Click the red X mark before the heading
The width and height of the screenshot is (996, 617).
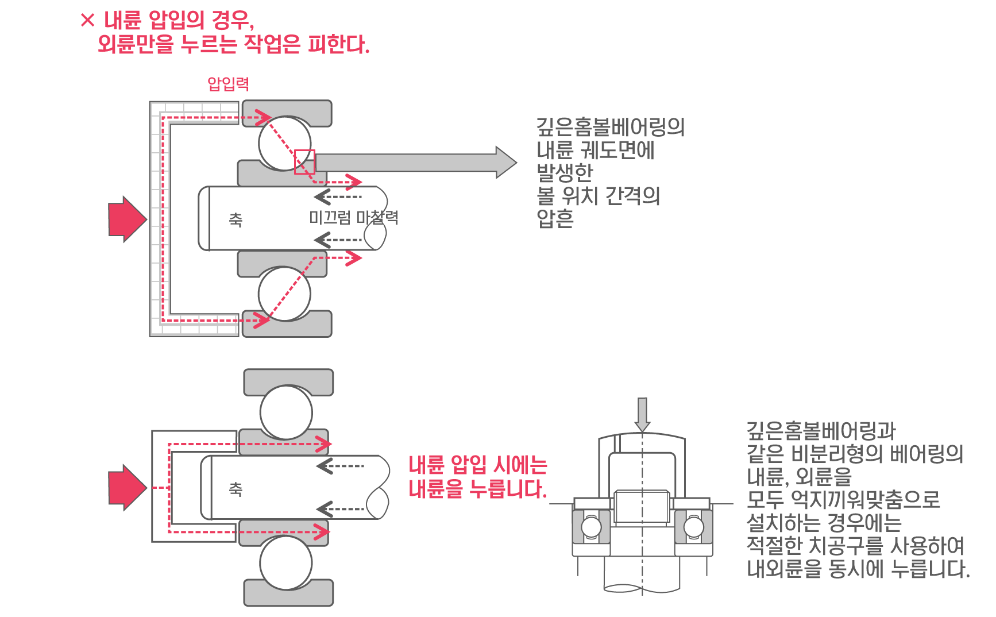[x=88, y=21]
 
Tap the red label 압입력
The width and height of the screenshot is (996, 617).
[x=228, y=84]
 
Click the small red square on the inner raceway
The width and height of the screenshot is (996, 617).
[x=304, y=161]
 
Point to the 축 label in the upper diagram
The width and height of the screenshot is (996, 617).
[x=236, y=219]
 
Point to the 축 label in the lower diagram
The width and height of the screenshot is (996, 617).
[x=236, y=489]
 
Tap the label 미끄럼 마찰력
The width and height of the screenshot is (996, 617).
[x=353, y=217]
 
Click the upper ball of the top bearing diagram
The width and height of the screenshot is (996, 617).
[x=284, y=143]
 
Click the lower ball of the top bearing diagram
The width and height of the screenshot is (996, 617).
[x=284, y=294]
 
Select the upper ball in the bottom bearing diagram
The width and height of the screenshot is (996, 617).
[x=286, y=412]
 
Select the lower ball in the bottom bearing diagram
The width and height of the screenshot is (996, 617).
[x=286, y=562]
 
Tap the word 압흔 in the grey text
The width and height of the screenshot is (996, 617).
[x=555, y=219]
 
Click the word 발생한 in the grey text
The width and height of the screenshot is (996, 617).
[x=564, y=172]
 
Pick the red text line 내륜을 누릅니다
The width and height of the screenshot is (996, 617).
[x=480, y=489]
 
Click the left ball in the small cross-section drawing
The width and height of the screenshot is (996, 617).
[x=591, y=527]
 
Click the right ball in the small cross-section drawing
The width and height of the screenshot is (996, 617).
[x=693, y=527]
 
